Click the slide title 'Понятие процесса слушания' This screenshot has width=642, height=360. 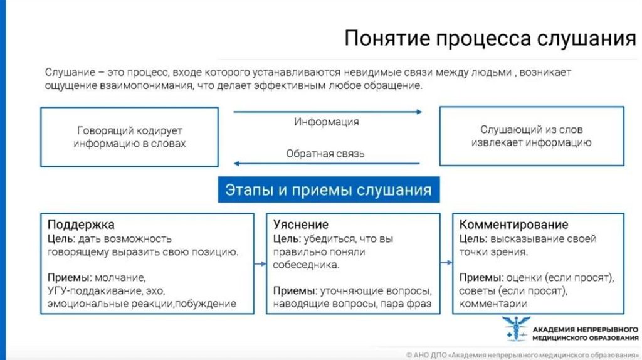[490, 39]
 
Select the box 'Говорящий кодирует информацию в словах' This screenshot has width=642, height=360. [130, 137]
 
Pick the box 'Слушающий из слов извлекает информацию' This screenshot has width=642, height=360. [532, 137]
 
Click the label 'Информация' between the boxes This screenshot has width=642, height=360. [326, 122]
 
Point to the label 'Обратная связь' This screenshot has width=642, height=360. [325, 153]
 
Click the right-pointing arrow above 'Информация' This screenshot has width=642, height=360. [327, 112]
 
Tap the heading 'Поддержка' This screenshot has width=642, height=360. [81, 225]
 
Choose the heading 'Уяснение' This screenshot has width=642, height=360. [301, 225]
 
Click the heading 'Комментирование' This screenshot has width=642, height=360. [513, 225]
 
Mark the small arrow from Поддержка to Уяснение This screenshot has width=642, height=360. [260, 263]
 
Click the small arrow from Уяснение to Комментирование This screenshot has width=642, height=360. [446, 263]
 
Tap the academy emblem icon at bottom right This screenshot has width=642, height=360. [515, 329]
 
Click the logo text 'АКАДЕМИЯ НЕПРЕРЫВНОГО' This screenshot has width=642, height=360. [585, 329]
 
